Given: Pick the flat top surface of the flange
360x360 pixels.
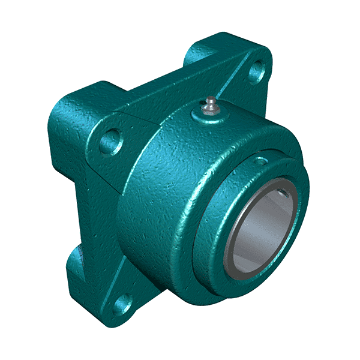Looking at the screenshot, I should pyautogui.click(x=174, y=90).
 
